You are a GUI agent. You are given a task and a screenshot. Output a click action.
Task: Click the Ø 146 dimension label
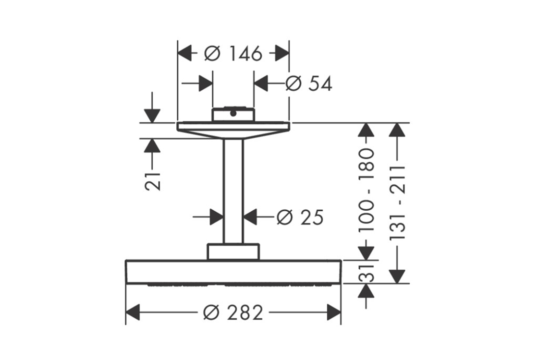[x=233, y=53]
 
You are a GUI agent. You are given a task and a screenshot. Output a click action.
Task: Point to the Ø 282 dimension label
[x=233, y=313]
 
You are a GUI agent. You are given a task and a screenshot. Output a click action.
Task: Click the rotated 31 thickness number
[x=367, y=272]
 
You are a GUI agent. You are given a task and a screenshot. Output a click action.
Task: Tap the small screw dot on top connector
[x=232, y=114]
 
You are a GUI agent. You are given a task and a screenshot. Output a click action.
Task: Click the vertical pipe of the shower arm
[x=233, y=192]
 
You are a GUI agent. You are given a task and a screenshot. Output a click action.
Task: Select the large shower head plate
[x=233, y=272]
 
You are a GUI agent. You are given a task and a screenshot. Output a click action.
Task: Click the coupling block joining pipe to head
[x=233, y=252]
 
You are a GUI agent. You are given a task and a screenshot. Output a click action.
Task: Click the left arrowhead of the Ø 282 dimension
[x=133, y=312]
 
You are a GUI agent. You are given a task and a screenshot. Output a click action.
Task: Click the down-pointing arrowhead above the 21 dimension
[x=152, y=116]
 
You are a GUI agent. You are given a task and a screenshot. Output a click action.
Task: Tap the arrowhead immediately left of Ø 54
[x=261, y=84]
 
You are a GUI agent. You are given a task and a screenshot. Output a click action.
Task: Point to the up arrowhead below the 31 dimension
[x=367, y=290]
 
